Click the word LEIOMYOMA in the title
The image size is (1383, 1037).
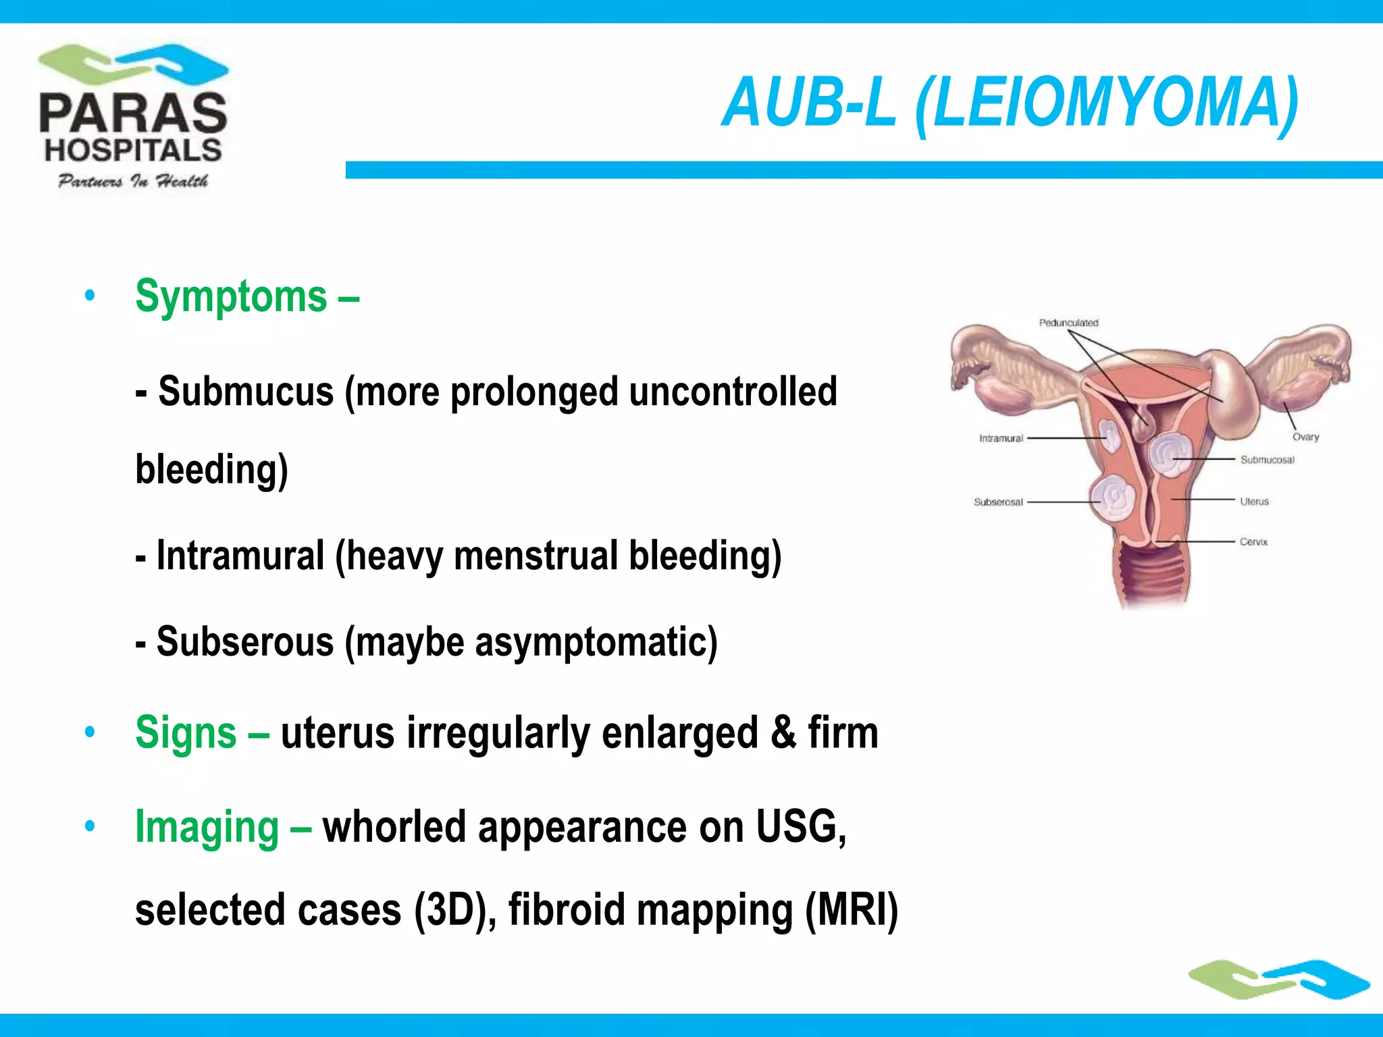[1107, 103]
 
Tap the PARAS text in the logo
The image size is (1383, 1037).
[133, 113]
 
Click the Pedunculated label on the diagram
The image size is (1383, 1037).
[1068, 323]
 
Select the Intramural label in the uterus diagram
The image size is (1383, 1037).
[1001, 438]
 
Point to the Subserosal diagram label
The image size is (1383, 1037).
[998, 502]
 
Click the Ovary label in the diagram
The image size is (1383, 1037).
[1305, 437]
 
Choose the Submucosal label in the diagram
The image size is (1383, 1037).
[1267, 460]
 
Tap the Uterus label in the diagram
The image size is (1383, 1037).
[1254, 502]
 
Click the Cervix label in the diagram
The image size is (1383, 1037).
[1253, 541]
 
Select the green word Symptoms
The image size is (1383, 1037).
[231, 297]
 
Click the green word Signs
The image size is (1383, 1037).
[186, 733]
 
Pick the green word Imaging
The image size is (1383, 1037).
[207, 828]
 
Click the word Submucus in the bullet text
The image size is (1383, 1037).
[246, 392]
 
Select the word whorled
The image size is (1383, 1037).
[394, 826]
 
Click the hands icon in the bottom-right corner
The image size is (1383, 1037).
[1278, 979]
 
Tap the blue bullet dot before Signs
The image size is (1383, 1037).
[90, 733]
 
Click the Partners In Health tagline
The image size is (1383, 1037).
[133, 181]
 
